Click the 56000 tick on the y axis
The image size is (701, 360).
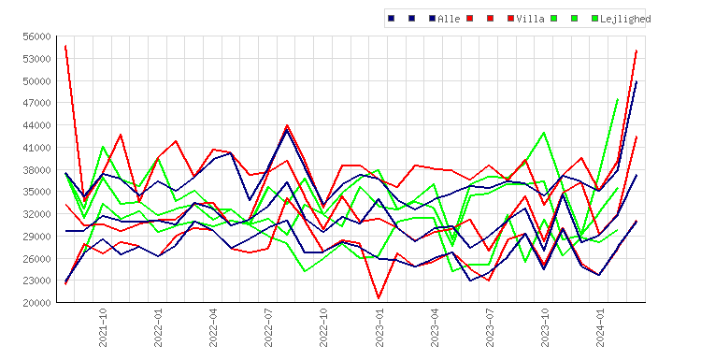click(x=36, y=36)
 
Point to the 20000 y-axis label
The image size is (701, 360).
click(x=36, y=303)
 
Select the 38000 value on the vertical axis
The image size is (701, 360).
click(x=36, y=170)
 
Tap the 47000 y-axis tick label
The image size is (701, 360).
click(x=36, y=103)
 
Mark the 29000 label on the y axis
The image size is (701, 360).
click(x=36, y=237)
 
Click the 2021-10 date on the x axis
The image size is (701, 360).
click(x=103, y=327)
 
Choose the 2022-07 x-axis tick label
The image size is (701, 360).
click(x=268, y=327)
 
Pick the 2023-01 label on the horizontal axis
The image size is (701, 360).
click(x=379, y=327)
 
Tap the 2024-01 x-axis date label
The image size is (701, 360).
click(x=601, y=327)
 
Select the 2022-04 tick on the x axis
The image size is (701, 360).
click(x=213, y=327)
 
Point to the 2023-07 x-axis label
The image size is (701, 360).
click(x=490, y=327)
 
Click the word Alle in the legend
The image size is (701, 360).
click(x=449, y=19)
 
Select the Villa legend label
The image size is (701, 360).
click(x=530, y=19)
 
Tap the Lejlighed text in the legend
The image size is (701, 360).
click(x=625, y=19)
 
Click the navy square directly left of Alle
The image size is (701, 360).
click(x=433, y=19)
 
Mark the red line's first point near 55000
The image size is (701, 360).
click(x=65, y=46)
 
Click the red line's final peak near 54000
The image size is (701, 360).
click(x=637, y=51)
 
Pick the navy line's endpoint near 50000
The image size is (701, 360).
click(x=637, y=82)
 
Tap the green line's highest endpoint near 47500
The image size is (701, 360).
click(x=618, y=99)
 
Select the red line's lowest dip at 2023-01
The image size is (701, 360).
click(x=379, y=298)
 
